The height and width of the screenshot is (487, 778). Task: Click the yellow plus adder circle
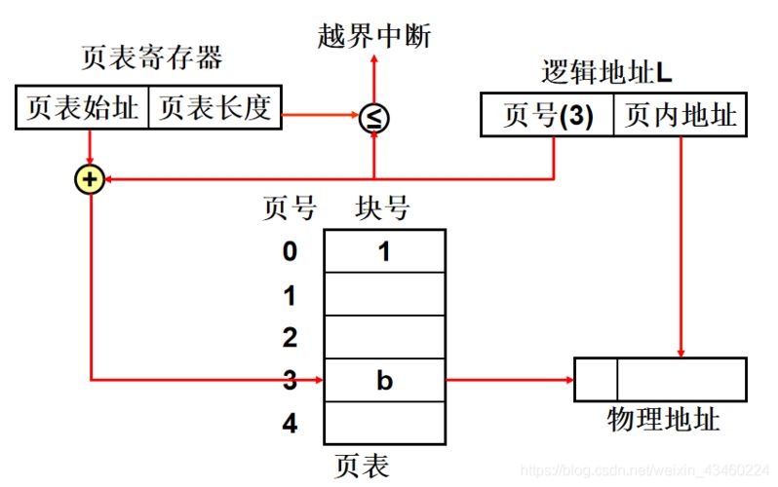[x=90, y=180]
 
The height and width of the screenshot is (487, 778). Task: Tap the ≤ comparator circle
[x=374, y=118]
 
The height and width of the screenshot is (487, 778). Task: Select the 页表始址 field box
[x=83, y=108]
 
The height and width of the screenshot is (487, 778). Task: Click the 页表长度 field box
[x=214, y=108]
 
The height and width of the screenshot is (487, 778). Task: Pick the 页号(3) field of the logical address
[x=547, y=116]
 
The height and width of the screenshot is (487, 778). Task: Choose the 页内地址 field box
[x=680, y=116]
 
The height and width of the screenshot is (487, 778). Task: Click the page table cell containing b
[x=384, y=380]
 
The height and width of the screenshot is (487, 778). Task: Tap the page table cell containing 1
[x=384, y=251]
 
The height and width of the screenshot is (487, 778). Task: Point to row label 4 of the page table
[x=290, y=424]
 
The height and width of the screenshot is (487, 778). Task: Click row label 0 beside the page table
[x=290, y=251]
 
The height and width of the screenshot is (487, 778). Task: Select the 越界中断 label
[x=374, y=36]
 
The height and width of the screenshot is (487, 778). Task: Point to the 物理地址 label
[x=663, y=420]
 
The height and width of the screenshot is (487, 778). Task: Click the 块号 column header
[x=383, y=207]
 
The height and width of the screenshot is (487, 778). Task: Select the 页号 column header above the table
[x=290, y=207]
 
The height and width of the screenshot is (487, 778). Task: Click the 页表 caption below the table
[x=361, y=466]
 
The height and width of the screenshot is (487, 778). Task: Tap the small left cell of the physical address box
[x=595, y=379]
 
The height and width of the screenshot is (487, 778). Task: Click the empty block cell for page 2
[x=384, y=337]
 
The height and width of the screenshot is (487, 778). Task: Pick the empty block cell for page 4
[x=384, y=423]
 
